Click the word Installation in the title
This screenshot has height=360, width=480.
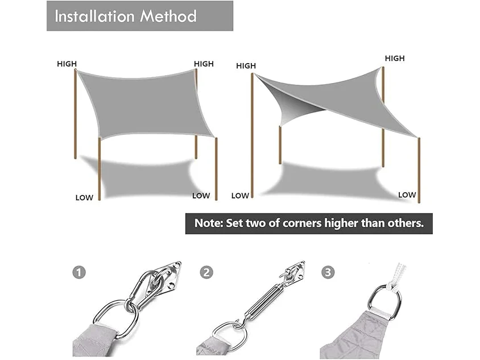pyautogui.click(x=95, y=16)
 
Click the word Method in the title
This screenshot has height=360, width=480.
pyautogui.click(x=168, y=16)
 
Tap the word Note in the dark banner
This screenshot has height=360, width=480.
pyautogui.click(x=209, y=223)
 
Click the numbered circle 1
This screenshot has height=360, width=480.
pyautogui.click(x=79, y=272)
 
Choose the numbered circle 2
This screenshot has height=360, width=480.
pyautogui.click(x=206, y=272)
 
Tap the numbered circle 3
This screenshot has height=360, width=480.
pyautogui.click(x=328, y=272)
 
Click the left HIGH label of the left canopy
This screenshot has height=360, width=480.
pyautogui.click(x=67, y=64)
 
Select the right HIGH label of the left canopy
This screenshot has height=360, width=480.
pyautogui.click(x=204, y=64)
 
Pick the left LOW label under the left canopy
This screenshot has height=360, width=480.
pyautogui.click(x=84, y=198)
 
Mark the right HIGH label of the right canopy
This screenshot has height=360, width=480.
pyautogui.click(x=395, y=58)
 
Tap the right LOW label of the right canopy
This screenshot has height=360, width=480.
pyautogui.click(x=407, y=195)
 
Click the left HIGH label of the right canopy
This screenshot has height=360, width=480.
pyautogui.click(x=246, y=66)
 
